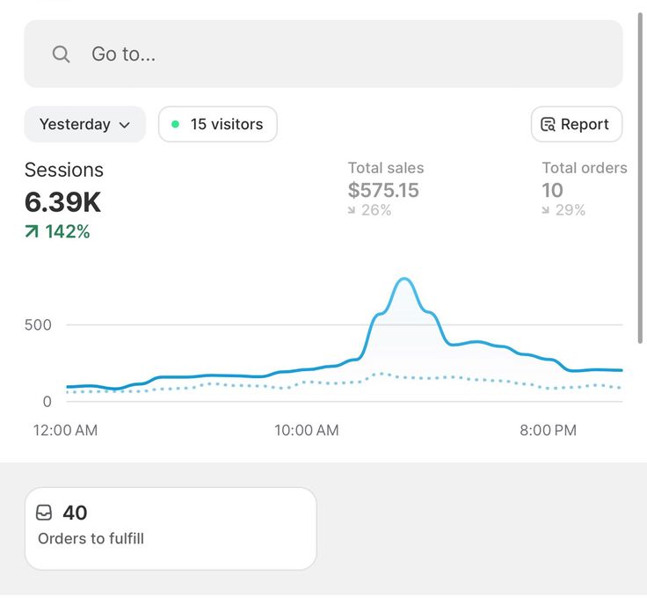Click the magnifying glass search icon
pos(61,55)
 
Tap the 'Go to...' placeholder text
pos(123,55)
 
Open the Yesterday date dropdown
pos(84,125)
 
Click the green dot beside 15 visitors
pos(175,125)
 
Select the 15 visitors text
pos(226,125)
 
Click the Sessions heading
pos(63,171)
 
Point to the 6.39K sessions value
pos(62,202)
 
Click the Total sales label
pos(385,168)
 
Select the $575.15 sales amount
pos(383,190)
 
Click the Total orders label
pos(584,168)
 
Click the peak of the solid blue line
pos(403,280)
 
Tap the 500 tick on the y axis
pos(38,324)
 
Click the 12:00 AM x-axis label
pos(65,430)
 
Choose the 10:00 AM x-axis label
pos(307,430)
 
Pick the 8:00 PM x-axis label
pos(548,430)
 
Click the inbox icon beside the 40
pos(44,513)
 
